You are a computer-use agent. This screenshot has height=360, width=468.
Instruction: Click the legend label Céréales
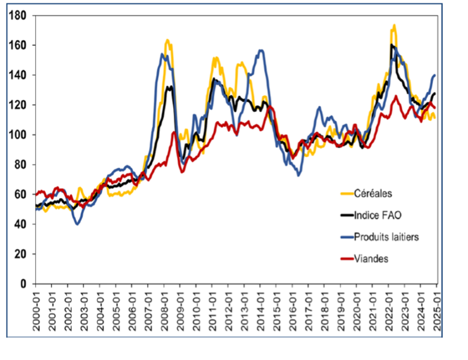click(373, 194)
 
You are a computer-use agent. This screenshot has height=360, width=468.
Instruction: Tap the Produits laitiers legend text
click(386, 237)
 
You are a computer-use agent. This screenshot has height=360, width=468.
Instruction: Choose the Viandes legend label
click(371, 259)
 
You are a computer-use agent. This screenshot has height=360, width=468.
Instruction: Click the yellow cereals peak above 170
click(394, 25)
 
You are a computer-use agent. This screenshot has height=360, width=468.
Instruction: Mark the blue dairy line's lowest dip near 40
click(77, 224)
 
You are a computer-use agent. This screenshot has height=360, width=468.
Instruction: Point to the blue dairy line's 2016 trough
click(298, 175)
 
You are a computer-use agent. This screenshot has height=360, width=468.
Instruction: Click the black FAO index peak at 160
click(391, 45)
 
